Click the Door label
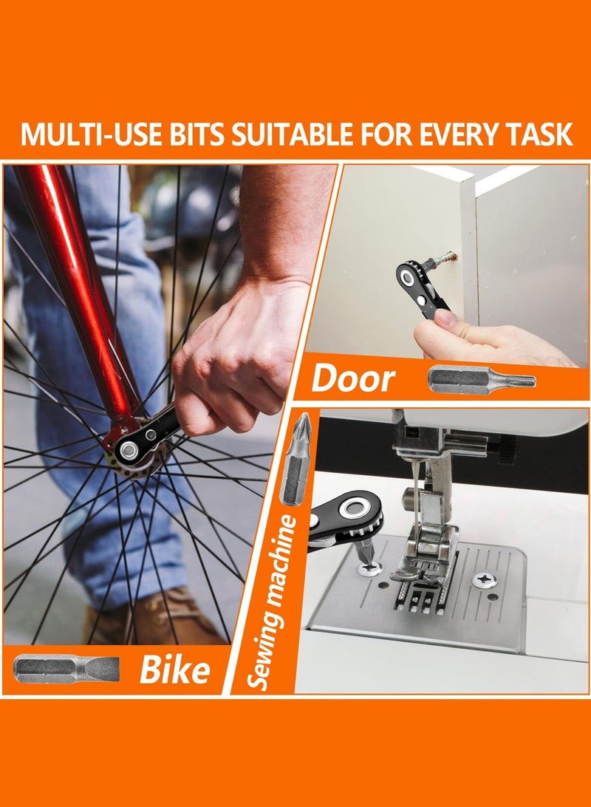[353, 378]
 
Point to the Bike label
[175, 670]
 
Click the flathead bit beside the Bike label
[66, 669]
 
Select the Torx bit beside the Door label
[482, 380]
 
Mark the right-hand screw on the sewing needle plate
[485, 580]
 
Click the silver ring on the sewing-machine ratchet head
[354, 508]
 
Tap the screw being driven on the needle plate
[371, 568]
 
